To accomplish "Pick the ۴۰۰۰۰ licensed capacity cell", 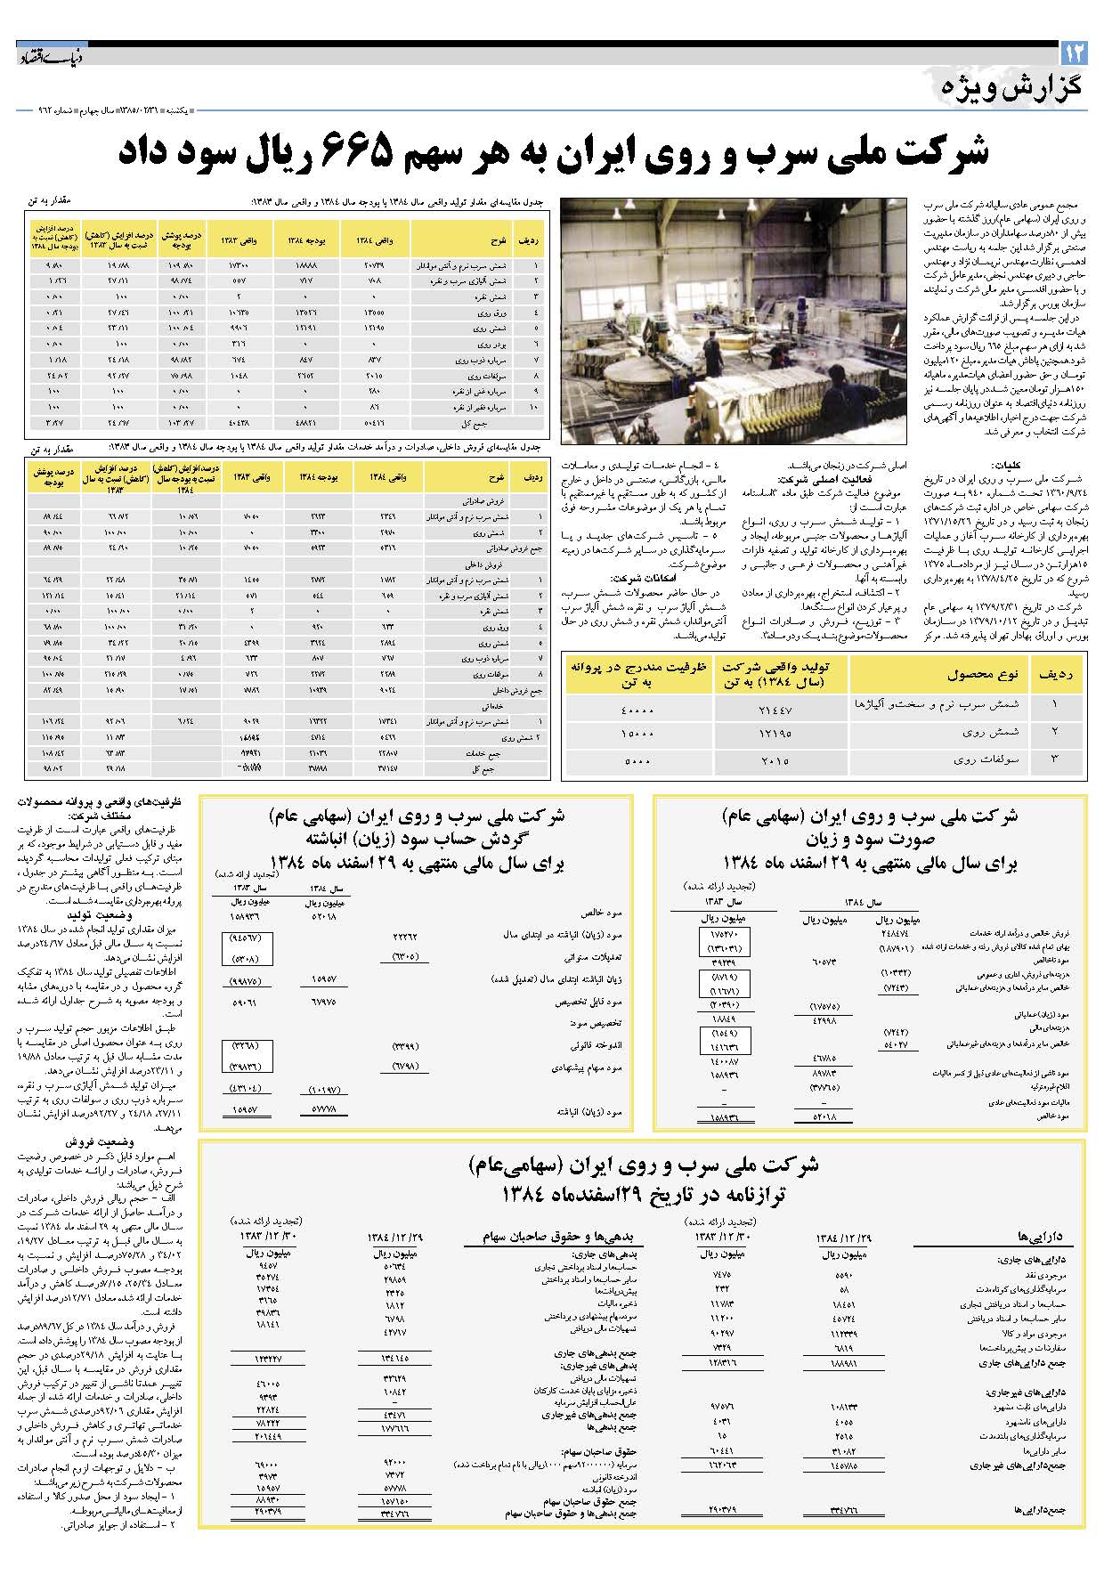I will point(637,710).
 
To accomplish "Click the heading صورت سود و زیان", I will point(869,839).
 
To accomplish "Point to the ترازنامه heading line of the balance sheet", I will point(641,1194).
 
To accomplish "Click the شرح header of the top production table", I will point(497,240).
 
